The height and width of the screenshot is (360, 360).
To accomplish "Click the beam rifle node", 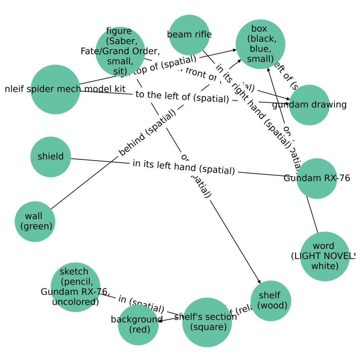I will (x=189, y=35).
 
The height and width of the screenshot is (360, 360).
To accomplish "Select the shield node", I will (x=51, y=157).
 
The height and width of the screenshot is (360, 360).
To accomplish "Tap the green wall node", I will (x=35, y=221).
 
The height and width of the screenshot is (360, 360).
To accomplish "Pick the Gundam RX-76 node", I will (x=316, y=178).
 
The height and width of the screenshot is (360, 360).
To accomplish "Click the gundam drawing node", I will (x=309, y=105).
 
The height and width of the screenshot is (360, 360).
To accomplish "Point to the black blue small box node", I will (x=261, y=44).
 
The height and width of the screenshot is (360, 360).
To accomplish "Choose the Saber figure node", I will (x=120, y=51).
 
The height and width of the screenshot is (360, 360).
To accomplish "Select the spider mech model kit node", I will (x=55, y=89).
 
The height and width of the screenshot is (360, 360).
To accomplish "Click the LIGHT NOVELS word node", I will (x=325, y=256).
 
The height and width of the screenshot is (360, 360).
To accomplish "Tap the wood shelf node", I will (x=271, y=301).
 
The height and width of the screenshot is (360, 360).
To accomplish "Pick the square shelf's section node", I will (x=207, y=322).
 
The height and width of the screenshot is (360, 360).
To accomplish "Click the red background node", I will (x=138, y=325).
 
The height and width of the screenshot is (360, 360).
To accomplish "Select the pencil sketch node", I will (x=75, y=287).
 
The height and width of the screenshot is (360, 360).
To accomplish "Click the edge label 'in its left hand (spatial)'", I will (x=183, y=167).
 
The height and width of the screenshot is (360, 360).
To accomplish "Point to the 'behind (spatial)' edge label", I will (x=147, y=133).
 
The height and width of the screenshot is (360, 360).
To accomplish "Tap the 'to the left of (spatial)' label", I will (x=182, y=97).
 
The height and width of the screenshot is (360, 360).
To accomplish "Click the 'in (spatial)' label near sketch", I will (x=141, y=304).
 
